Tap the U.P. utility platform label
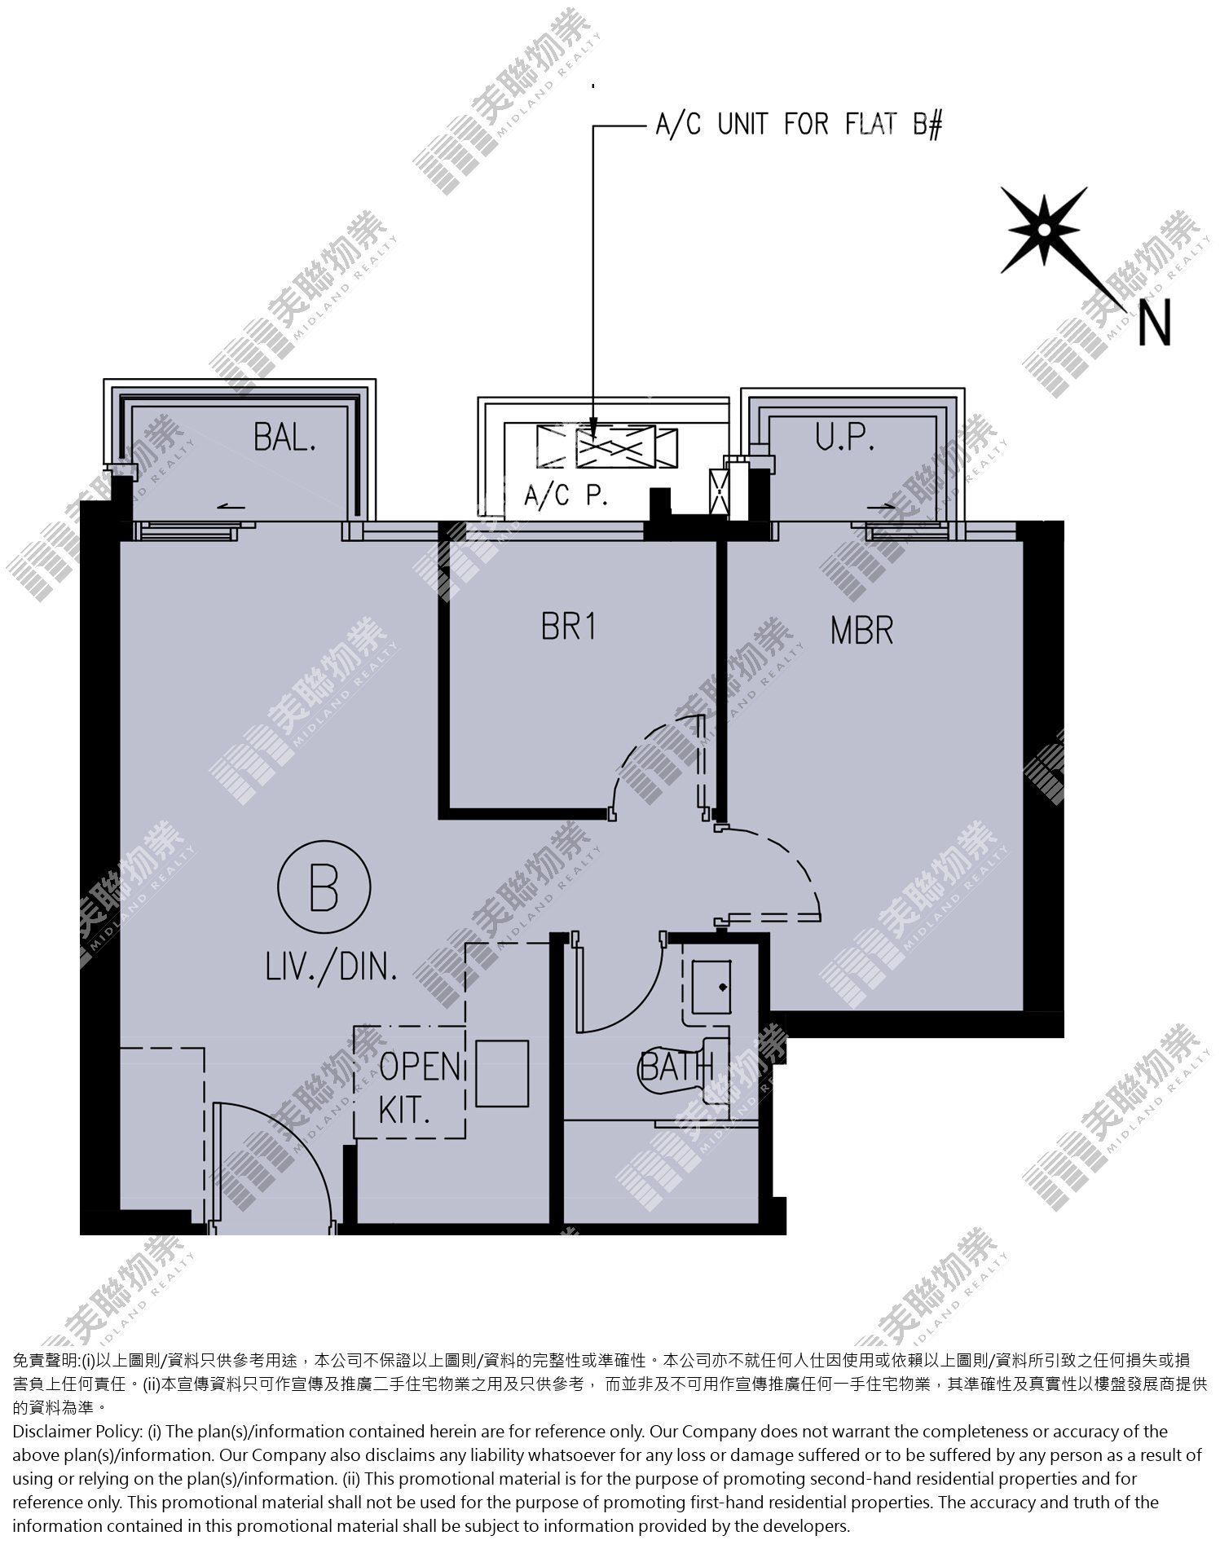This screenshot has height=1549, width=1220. (845, 438)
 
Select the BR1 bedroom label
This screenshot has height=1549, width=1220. (569, 627)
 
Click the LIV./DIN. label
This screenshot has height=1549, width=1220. (332, 967)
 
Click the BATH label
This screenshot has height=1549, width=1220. (677, 1066)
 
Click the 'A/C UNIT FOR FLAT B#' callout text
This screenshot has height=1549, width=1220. (799, 125)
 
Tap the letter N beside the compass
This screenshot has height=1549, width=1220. (1154, 323)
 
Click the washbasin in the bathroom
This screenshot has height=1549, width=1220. (711, 987)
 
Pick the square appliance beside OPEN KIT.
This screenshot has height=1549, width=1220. (502, 1073)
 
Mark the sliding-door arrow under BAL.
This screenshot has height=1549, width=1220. (232, 508)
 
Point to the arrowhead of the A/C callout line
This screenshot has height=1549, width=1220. (592, 429)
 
